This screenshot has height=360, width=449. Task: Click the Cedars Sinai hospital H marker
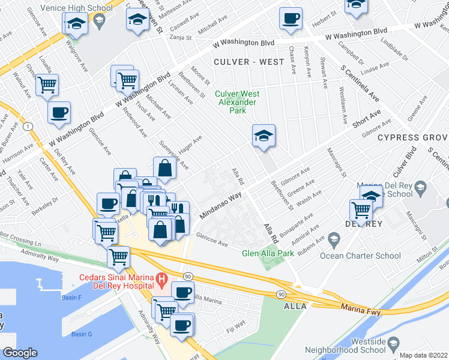[x=161, y=279]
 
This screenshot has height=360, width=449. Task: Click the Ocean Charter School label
[x=369, y=256]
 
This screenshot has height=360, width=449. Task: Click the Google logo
[x=20, y=353]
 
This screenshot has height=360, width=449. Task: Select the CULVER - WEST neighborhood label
[x=243, y=62]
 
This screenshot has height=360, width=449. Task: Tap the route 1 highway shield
[x=28, y=126]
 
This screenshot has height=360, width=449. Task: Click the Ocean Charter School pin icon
[x=334, y=242]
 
